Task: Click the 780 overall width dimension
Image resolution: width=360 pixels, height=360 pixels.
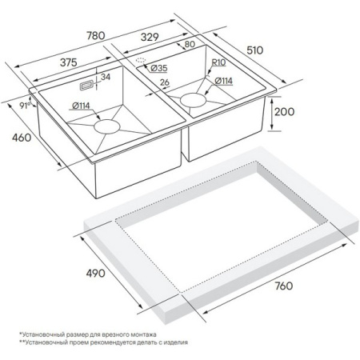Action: click(96, 35)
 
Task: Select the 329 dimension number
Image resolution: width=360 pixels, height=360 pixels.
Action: click(150, 37)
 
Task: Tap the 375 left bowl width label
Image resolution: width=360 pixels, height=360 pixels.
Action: click(69, 62)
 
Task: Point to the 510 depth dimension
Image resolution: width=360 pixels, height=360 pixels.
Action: click(254, 50)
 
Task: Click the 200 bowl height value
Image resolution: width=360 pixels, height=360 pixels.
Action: click(284, 111)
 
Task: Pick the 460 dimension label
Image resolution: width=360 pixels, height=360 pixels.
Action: click(22, 138)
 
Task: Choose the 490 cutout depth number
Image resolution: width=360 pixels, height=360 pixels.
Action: click(95, 274)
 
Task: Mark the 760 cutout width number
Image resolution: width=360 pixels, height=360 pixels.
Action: click(284, 286)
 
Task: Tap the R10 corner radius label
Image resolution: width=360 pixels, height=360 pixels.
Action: click(218, 62)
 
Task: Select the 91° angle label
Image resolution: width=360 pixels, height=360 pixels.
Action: click(25, 106)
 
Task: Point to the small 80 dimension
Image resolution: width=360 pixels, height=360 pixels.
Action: click(190, 44)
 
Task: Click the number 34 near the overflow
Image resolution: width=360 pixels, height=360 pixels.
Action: click(106, 77)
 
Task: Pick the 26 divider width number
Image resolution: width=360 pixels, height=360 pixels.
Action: click(165, 82)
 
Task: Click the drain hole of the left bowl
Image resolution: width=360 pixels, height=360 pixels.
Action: click(107, 126)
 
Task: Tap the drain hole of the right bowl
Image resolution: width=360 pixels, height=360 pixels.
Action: click(193, 100)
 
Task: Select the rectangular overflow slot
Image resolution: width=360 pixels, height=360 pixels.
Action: click(86, 86)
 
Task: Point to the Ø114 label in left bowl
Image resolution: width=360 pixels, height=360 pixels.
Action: click(81, 106)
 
